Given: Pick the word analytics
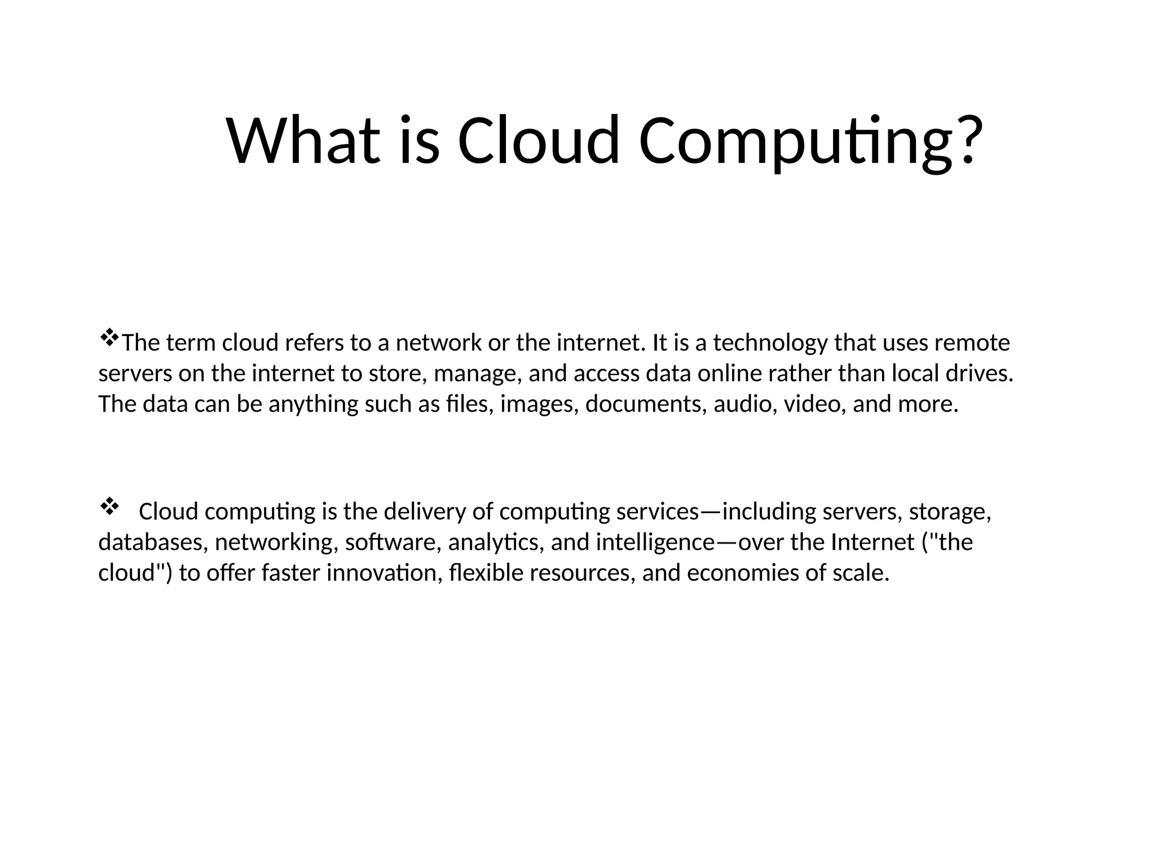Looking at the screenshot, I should tap(496, 543).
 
